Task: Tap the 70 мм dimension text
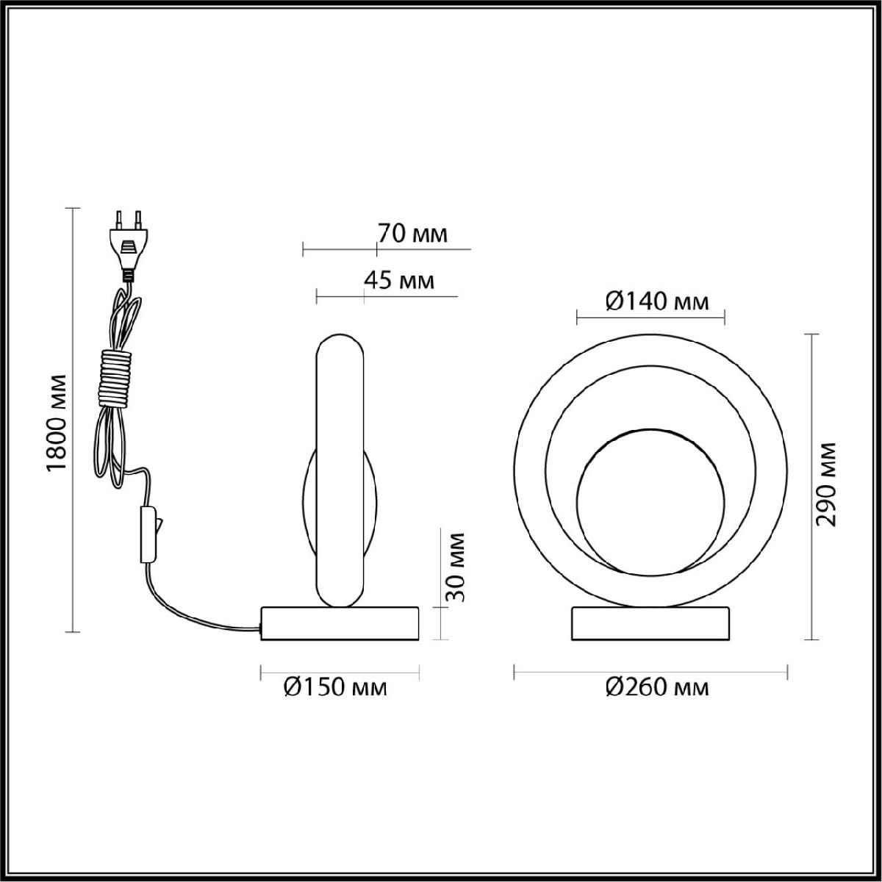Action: tap(412, 234)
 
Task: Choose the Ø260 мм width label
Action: tap(657, 687)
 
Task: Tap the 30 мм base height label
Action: tap(456, 565)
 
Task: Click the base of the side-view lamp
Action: tap(340, 623)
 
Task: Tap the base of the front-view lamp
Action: tap(651, 623)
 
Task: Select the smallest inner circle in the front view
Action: tap(646, 500)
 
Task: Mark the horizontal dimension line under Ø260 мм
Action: tap(650, 670)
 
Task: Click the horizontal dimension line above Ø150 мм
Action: tap(340, 670)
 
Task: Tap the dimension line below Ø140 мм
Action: tap(651, 318)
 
